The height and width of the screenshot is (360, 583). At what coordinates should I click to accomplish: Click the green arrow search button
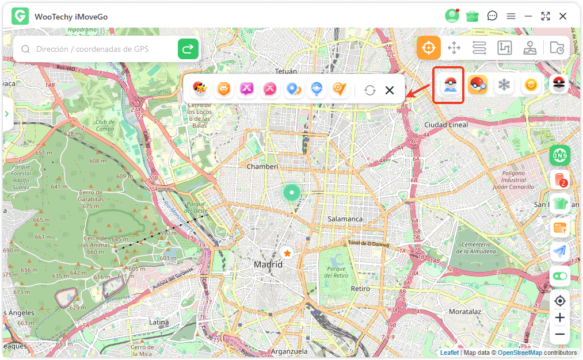pos(188,49)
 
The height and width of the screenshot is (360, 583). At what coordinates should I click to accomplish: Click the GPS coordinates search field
pos(98,49)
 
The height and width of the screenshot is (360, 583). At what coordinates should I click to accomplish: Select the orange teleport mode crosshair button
pos(429,48)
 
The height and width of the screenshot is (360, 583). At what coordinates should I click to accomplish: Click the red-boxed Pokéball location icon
pos(448,86)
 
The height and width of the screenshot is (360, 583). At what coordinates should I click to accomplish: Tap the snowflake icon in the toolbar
pos(504,86)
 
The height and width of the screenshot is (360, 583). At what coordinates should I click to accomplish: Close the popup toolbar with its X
pos(390,90)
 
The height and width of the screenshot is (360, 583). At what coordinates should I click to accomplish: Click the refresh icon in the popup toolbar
pos(370,90)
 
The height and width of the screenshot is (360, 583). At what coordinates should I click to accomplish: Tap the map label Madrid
pos(268,265)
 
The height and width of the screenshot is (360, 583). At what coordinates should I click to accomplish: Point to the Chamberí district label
pos(262,166)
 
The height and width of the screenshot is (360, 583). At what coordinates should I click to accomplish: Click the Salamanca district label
pos(345,219)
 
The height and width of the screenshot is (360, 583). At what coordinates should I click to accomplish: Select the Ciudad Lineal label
pos(446,125)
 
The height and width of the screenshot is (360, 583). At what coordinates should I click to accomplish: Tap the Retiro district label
pos(360,289)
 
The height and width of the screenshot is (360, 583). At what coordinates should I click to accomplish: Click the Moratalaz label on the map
pos(464,311)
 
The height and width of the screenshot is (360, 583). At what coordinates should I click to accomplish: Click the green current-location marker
pos(292,192)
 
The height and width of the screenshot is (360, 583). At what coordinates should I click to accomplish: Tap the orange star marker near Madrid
pos(287,253)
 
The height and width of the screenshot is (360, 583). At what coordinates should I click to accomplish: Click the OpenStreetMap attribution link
pos(520,353)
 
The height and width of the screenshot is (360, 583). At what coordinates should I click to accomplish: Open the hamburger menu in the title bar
pos(511,16)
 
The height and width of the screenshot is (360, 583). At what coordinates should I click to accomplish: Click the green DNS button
pos(559,155)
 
